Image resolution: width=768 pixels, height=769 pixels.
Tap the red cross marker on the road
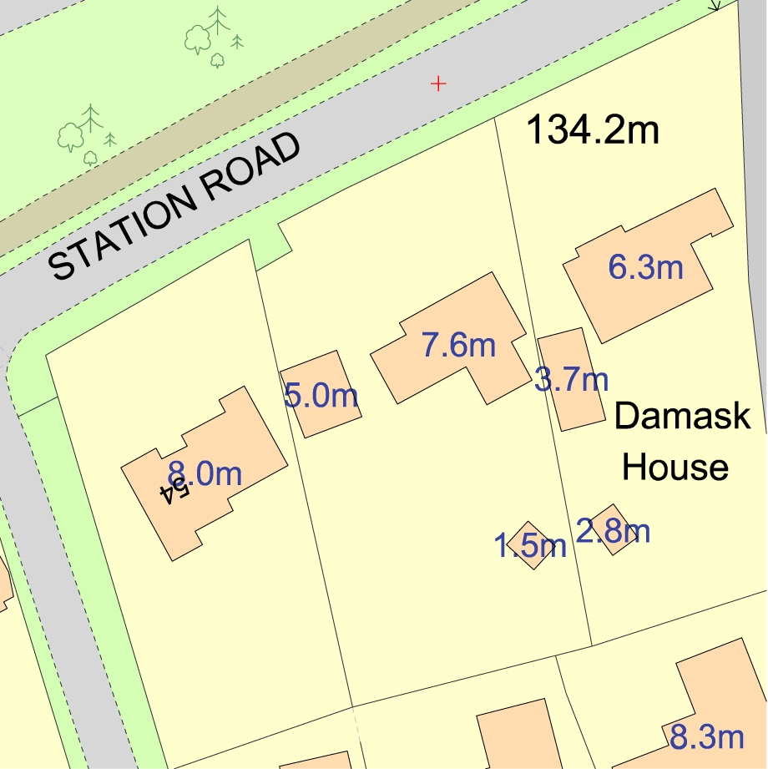click(437, 83)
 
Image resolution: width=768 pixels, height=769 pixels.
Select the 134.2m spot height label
click(593, 130)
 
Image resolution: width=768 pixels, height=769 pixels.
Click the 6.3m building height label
click(646, 268)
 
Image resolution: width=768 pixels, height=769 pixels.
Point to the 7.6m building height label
click(458, 344)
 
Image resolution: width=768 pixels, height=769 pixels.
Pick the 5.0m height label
click(321, 395)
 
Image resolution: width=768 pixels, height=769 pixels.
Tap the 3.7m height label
click(572, 381)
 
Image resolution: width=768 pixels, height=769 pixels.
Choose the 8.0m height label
click(205, 474)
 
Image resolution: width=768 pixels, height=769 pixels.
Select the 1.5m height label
click(530, 547)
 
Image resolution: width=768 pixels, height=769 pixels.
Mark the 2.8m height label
click(614, 531)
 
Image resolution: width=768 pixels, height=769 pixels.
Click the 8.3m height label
click(707, 737)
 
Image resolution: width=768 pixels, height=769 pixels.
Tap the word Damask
click(682, 416)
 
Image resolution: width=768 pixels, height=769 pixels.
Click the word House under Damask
click(675, 467)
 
